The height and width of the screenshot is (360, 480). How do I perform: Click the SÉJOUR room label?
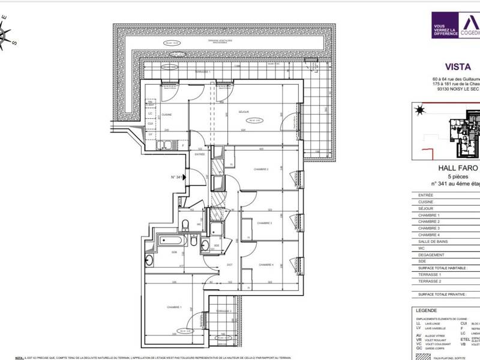[x=244, y=112]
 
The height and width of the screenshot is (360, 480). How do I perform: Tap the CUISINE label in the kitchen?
[x=167, y=115]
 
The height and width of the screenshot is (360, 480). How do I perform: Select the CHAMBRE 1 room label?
[x=174, y=307]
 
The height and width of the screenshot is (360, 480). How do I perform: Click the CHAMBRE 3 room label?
[x=265, y=223]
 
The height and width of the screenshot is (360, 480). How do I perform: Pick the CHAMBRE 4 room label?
[x=266, y=265]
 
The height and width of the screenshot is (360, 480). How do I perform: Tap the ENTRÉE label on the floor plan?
[x=200, y=154]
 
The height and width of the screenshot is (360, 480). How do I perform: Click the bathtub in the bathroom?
[x=173, y=242]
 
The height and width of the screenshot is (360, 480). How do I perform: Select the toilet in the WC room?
[x=186, y=225]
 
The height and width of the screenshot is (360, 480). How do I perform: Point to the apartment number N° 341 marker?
[x=176, y=177]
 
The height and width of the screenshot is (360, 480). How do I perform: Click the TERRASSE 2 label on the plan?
[x=223, y=311]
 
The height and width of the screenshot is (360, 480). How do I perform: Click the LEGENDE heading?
[x=426, y=310]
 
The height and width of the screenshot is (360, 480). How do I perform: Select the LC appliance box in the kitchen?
[x=151, y=114]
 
